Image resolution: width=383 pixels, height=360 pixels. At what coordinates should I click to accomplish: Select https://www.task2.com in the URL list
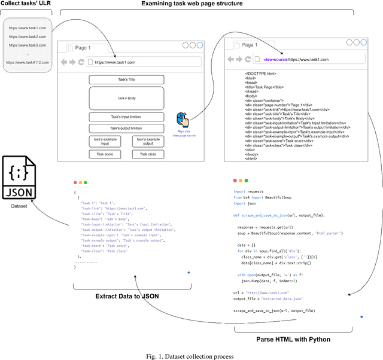coord(27,36)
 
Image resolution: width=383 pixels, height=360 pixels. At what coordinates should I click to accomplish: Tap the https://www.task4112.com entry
coord(27,62)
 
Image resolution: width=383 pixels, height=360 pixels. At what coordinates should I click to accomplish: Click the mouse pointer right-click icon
coord(184,120)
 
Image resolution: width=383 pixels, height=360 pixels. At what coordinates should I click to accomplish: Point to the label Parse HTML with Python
coord(293,340)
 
